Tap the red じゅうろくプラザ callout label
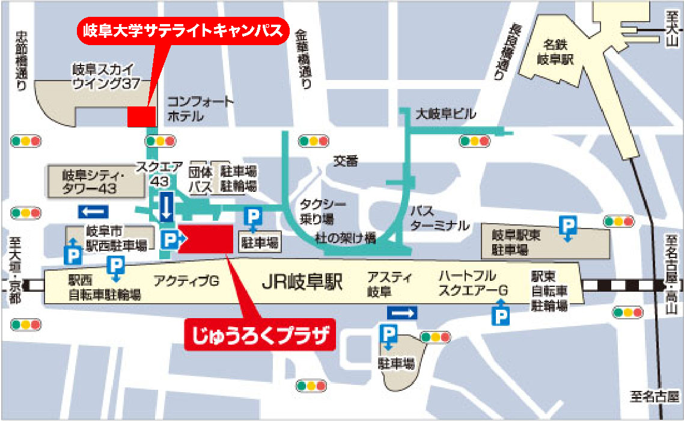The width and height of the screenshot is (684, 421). point(259,336)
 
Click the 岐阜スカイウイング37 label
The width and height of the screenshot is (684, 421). point(103,76)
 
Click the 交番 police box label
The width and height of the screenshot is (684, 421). point(346,161)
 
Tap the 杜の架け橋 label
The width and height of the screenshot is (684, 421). point(346,238)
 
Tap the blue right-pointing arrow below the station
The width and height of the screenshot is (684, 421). point(402,313)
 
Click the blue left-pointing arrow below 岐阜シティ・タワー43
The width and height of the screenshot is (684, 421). point(93,212)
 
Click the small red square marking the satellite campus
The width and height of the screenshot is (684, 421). point(141,116)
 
